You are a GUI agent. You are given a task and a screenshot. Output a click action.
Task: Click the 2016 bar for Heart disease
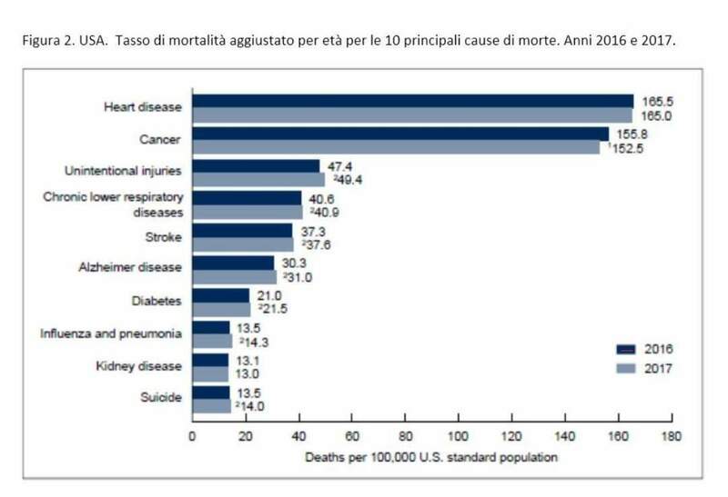(x=412, y=101)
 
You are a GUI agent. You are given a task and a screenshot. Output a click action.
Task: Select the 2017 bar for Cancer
(x=395, y=147)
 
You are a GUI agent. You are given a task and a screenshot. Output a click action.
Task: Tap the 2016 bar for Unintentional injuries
(x=256, y=166)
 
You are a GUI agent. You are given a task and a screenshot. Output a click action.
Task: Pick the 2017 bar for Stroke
(x=242, y=245)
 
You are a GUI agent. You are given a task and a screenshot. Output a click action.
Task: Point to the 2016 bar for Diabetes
(x=219, y=296)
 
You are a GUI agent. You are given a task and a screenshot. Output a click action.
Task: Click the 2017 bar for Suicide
(x=210, y=407)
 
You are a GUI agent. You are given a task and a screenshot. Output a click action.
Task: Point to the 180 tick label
(x=672, y=437)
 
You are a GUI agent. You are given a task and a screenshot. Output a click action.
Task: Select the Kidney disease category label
(x=139, y=365)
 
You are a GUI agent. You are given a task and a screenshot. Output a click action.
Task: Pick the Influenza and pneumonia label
(x=110, y=333)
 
